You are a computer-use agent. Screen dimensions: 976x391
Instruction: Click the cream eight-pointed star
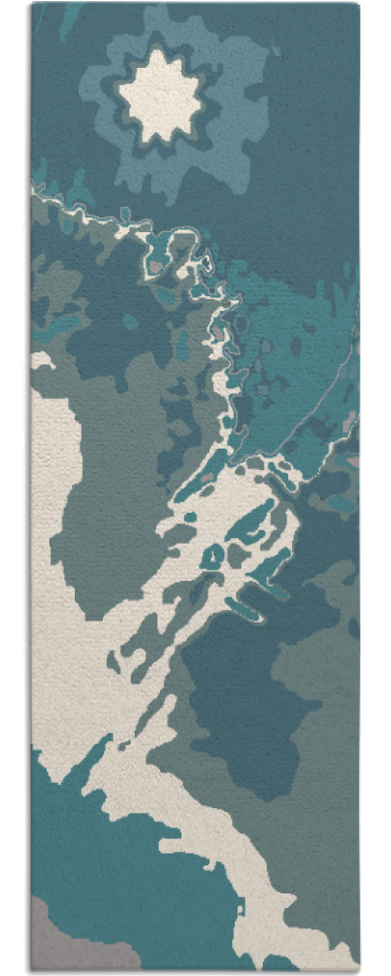click(x=160, y=94)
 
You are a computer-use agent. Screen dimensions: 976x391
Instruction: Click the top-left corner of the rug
click(x=32, y=5)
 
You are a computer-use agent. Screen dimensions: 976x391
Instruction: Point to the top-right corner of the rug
click(x=358, y=5)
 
